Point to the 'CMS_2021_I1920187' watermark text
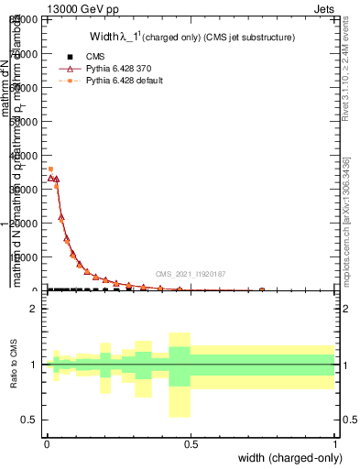coord(190,274)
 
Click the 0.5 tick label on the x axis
coord(191,444)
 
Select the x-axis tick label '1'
coord(335,444)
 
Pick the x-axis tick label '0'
coord(46,444)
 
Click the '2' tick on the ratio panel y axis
coord(34,309)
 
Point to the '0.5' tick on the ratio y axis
coord(29,420)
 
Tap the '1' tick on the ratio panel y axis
coord(34,365)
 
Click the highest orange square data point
coord(50,169)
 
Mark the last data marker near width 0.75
coord(262,289)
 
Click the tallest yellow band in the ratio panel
coord(180,375)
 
